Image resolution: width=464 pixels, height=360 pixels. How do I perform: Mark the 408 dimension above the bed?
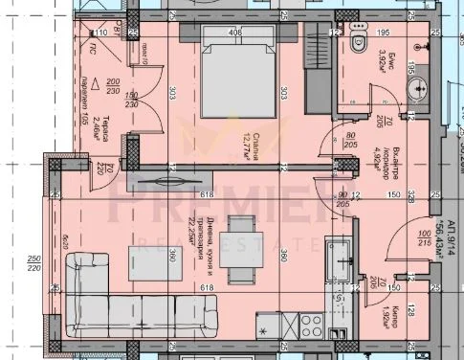pos(235,31)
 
